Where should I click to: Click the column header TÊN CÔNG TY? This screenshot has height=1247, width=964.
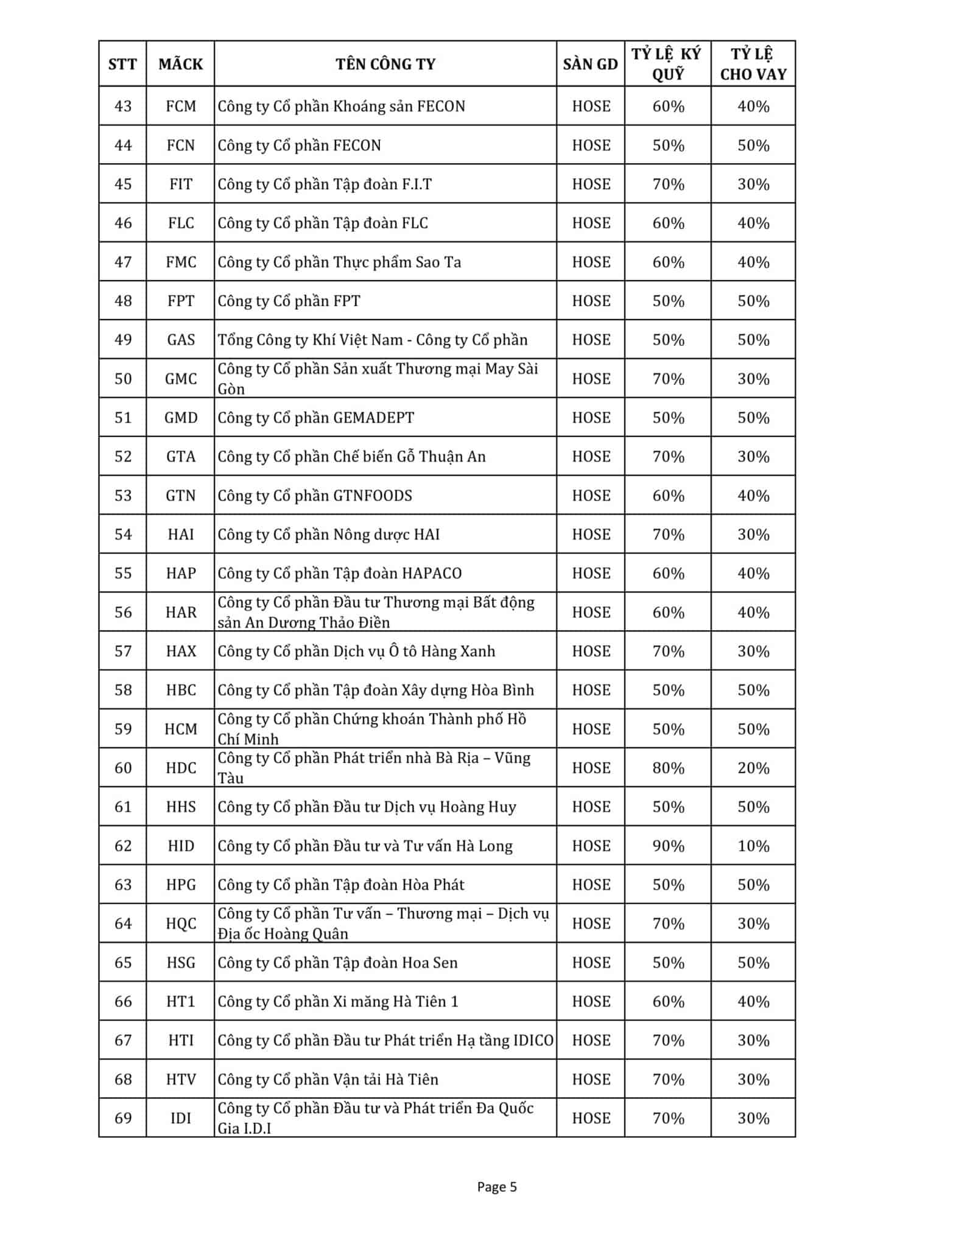coord(385,64)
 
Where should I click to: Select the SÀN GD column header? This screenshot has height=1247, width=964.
coord(590,64)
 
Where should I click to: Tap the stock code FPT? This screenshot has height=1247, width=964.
coord(181,301)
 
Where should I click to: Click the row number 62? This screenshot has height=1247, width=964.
coord(123,846)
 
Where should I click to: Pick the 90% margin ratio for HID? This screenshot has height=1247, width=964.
coord(668,846)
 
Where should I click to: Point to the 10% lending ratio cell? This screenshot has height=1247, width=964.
coord(753,846)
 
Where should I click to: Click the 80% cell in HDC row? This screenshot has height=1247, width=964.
coord(668,768)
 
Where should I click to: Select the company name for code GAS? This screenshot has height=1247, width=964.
coord(373,340)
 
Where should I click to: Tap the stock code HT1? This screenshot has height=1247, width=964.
coord(181,1002)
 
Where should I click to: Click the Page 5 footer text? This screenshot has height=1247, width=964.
coord(497,1187)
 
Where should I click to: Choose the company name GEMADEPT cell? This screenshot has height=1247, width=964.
coord(316,418)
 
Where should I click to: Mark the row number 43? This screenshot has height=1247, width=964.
coord(123,107)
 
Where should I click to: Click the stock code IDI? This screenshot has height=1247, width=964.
coord(181,1119)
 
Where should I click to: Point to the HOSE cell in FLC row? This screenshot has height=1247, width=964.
coord(591,223)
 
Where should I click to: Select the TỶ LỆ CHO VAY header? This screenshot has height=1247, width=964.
coord(753,64)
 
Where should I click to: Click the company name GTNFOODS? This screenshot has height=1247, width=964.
coord(315,496)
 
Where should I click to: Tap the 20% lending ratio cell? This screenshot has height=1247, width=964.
coord(753,768)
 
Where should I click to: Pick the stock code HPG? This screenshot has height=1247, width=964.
coord(181,885)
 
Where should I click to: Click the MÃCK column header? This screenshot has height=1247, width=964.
coord(181,64)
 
